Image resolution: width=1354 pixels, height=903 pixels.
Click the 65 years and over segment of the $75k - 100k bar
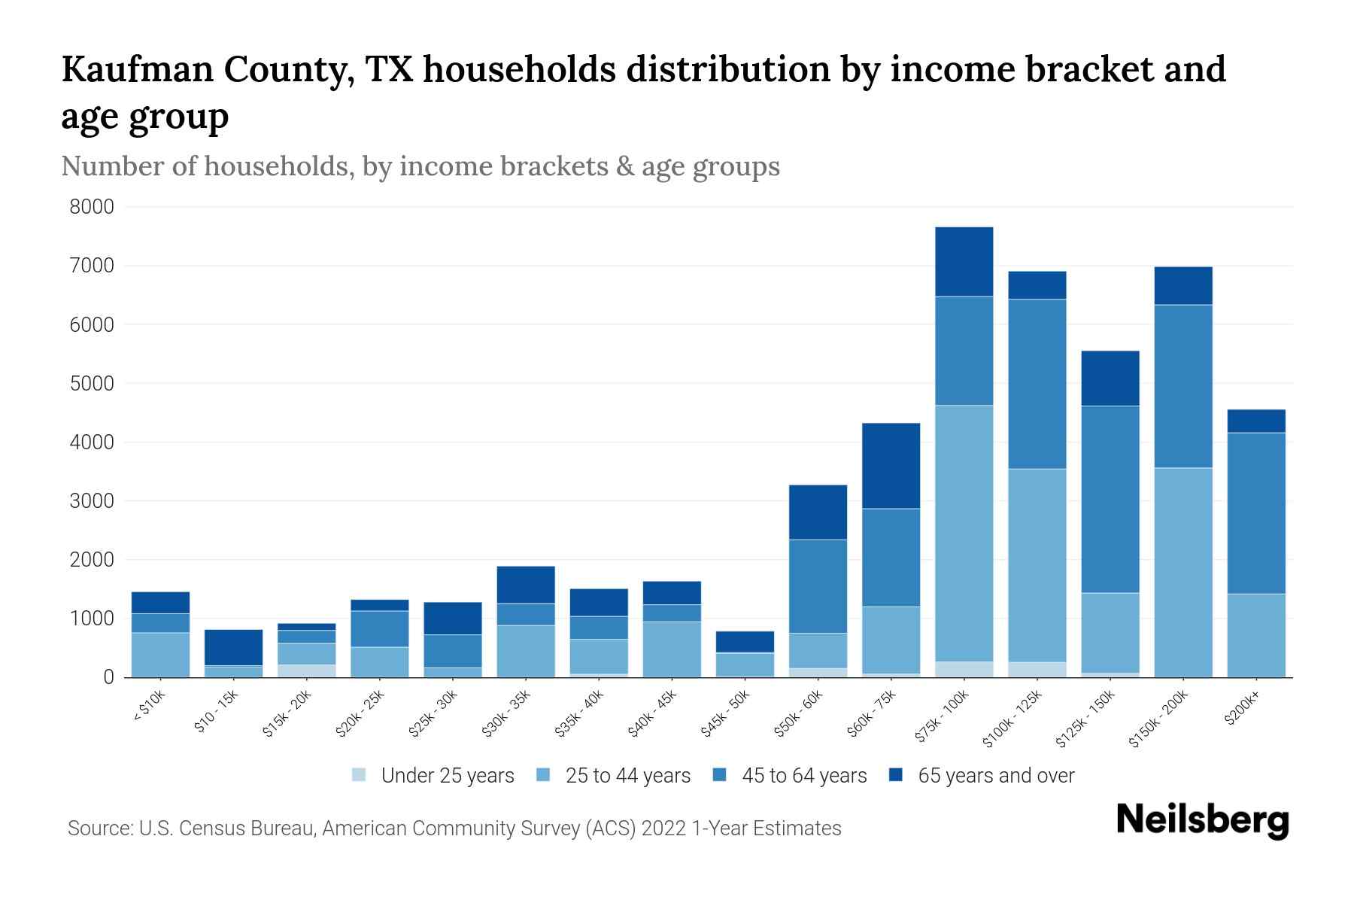(x=964, y=261)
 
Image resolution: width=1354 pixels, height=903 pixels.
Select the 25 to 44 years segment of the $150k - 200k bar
(x=1183, y=572)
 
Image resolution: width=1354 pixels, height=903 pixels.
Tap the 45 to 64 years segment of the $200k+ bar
(x=1256, y=513)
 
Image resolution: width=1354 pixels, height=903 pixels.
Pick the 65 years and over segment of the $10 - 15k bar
(x=233, y=647)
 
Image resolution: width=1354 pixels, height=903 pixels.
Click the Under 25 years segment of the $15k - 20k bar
(x=306, y=670)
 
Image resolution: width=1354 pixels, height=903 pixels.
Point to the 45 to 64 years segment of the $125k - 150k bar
(x=1110, y=499)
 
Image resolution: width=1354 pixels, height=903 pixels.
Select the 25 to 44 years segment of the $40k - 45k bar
(x=672, y=649)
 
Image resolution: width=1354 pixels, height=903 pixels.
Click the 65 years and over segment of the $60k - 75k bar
(x=891, y=465)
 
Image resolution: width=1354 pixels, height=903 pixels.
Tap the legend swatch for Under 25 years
(x=360, y=775)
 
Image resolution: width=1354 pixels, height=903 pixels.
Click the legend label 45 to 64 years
(x=804, y=775)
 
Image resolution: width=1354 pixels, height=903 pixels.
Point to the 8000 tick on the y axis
(x=92, y=207)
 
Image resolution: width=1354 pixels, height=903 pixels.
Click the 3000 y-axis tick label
(x=92, y=501)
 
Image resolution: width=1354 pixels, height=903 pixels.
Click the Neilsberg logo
(x=1202, y=820)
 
